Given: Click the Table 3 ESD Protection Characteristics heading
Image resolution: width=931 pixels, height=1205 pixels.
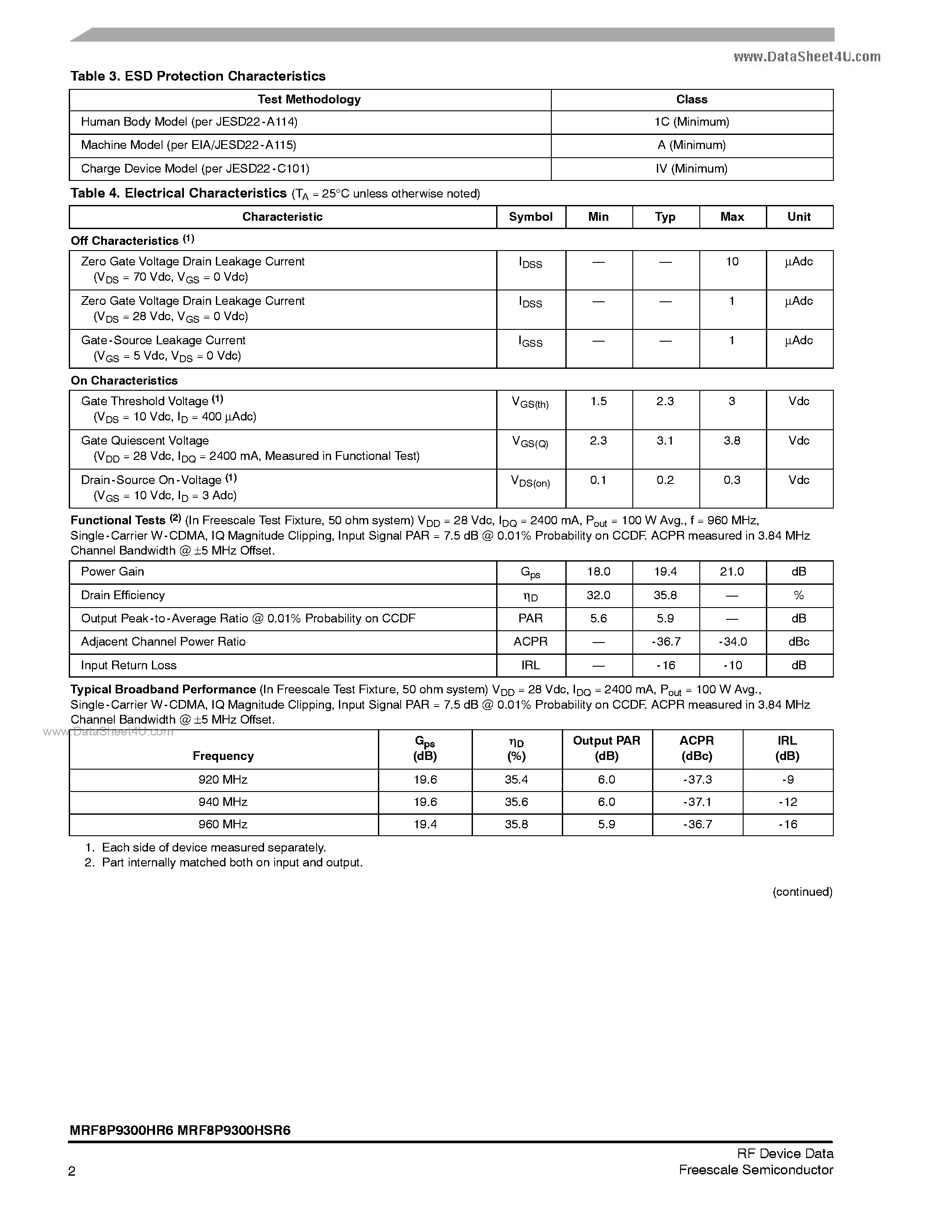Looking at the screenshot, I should (x=197, y=76).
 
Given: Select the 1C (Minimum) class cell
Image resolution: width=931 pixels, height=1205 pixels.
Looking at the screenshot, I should (x=691, y=122).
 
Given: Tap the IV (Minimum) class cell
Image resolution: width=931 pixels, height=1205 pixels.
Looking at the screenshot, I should (x=691, y=169).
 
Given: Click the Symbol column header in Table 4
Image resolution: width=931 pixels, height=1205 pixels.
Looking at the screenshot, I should (x=531, y=217).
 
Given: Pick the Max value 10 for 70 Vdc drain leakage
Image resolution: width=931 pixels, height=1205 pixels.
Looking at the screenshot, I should (x=732, y=261).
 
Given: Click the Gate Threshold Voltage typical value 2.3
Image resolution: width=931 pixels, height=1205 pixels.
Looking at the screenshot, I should (x=665, y=402).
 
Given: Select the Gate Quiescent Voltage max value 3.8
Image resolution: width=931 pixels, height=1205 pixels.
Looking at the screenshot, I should (x=732, y=441).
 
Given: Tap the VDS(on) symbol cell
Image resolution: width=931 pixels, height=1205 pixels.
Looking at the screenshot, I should (x=531, y=481).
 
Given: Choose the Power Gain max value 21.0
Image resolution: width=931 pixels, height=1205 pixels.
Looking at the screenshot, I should (x=732, y=572).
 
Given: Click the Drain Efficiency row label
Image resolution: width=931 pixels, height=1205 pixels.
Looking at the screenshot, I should (x=123, y=595).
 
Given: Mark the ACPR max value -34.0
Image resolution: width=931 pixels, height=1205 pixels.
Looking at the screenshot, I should (x=732, y=642).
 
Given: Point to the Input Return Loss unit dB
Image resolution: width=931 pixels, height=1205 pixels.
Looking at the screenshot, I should (x=799, y=665).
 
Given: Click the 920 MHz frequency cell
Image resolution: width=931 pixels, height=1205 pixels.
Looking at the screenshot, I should (x=223, y=780).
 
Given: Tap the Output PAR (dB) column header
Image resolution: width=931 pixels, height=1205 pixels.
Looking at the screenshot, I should (x=606, y=748).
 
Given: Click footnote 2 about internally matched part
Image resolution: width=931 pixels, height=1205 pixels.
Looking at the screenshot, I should (x=223, y=862).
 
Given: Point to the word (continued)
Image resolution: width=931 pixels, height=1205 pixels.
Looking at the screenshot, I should (x=802, y=892).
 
